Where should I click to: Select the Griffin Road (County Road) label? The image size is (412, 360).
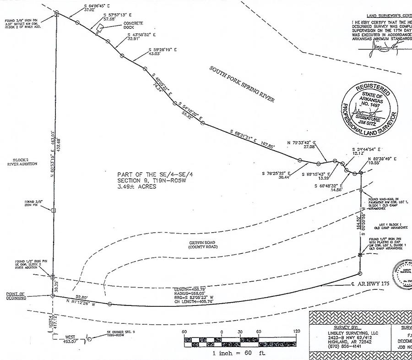coord(202,244)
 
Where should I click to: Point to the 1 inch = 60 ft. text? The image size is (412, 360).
coord(239,353)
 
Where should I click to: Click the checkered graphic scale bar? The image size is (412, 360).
coord(240,341)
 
